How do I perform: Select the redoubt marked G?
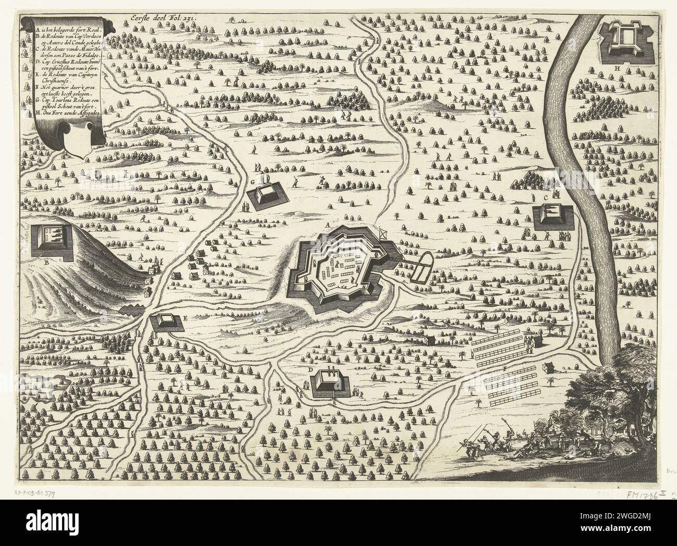tap(267, 195)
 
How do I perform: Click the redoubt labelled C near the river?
tap(553, 215)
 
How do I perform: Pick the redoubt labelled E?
tap(167, 323)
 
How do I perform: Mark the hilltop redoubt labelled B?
tap(49, 241)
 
